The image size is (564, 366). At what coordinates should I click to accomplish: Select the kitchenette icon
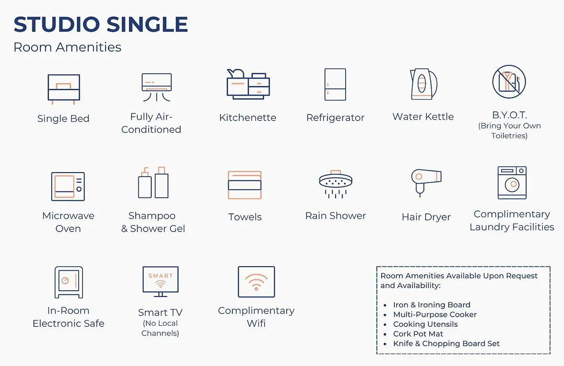tap(248, 84)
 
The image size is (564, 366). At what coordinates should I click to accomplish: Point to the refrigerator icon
tap(335, 84)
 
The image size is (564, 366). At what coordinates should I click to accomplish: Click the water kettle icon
tap(424, 84)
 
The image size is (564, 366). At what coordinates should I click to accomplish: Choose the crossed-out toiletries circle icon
tap(509, 82)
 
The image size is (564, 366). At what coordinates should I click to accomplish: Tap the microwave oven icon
tap(68, 186)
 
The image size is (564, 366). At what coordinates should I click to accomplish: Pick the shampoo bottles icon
tap(153, 182)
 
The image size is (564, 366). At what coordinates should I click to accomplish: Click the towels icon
tap(244, 185)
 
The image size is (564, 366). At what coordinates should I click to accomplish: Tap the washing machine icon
tap(512, 182)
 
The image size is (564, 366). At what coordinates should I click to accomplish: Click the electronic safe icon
tap(69, 282)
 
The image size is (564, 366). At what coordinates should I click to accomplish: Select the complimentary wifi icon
tap(256, 282)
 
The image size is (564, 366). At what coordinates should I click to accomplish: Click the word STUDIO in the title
tap(57, 25)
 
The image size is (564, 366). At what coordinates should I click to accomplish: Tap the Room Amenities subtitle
tap(67, 47)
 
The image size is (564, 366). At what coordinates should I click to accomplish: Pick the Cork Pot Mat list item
tap(418, 334)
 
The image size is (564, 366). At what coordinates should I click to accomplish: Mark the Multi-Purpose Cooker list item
tap(435, 314)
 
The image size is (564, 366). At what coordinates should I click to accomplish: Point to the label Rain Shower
tap(336, 216)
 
